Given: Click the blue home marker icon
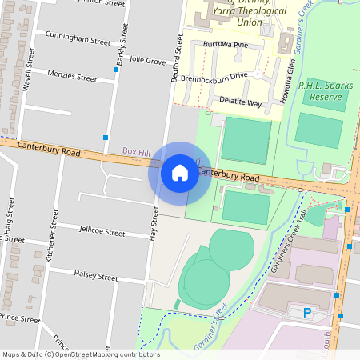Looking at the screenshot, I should pos(179,173).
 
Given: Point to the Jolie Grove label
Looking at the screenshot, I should pos(147,60).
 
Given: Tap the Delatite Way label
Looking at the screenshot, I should pos(243,103).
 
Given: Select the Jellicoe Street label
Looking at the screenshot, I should pos(102,234).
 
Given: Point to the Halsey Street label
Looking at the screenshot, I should pos(95,276).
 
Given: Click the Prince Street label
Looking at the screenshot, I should pos(20,318).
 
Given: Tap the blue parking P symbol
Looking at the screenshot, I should pos(306,313).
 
